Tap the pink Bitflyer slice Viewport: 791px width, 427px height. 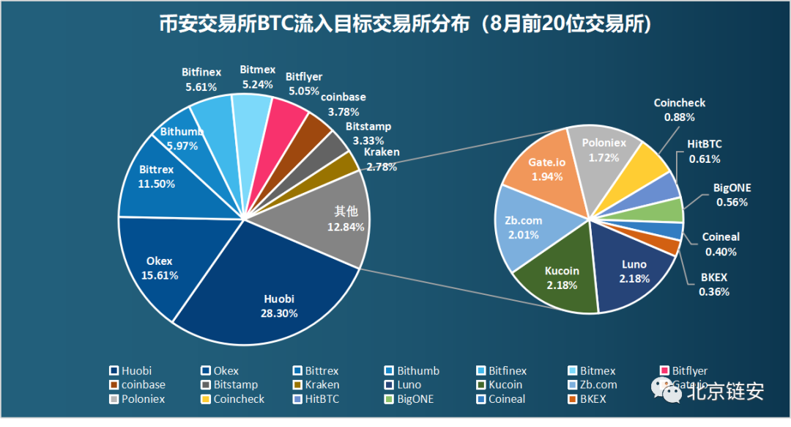[287, 117]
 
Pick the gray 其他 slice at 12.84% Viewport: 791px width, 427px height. [333, 220]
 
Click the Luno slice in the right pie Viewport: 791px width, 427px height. [634, 271]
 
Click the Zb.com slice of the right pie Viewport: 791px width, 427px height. [524, 227]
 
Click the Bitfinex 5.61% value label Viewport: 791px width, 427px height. [201, 86]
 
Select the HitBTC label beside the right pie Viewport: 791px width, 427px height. [705, 145]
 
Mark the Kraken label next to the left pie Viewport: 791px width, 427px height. [382, 153]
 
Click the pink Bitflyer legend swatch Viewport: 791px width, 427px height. [665, 371]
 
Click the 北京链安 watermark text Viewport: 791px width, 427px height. [725, 391]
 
